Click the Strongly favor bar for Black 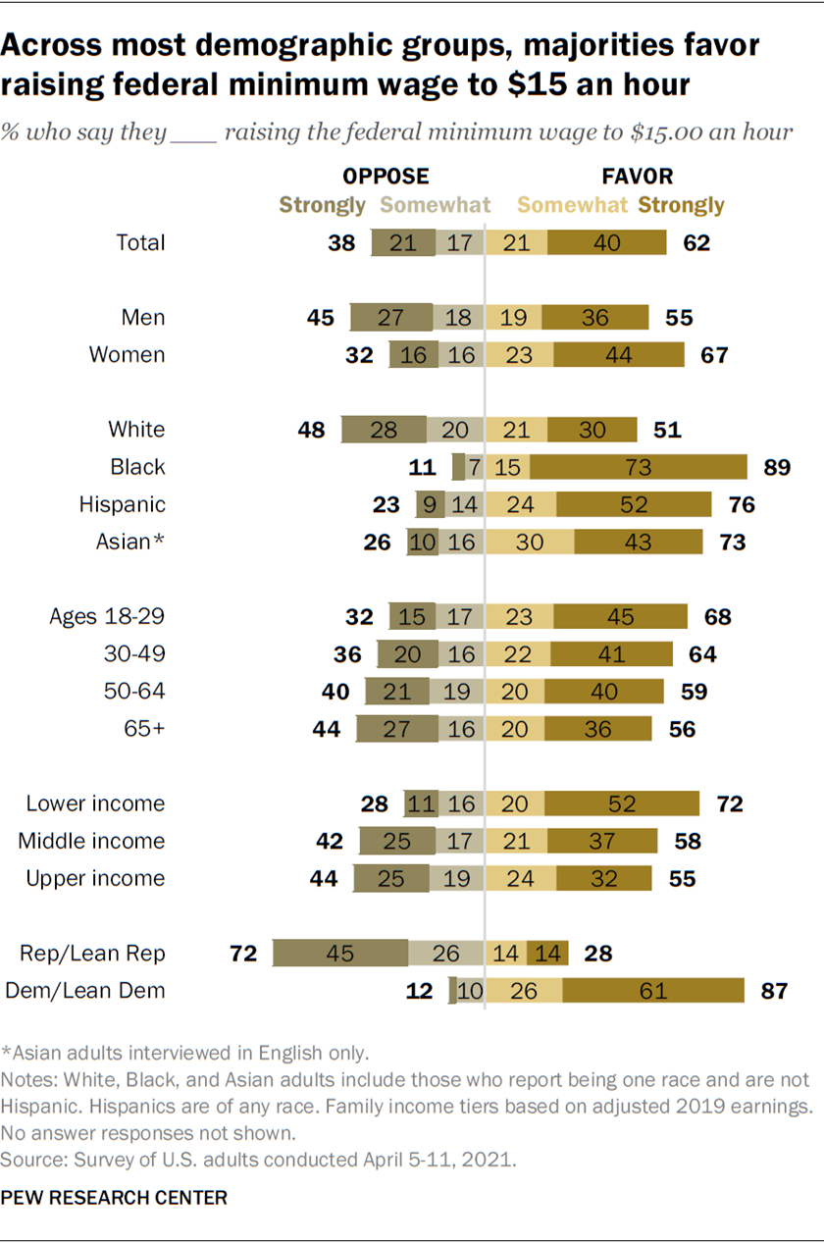coord(639,467)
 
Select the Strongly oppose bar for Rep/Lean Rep coord(339,953)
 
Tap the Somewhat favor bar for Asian coord(530,542)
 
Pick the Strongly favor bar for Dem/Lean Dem coord(652,990)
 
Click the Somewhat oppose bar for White coord(455,430)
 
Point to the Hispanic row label coord(123,504)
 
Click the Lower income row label coord(95,803)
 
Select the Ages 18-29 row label coord(107,616)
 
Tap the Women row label coord(128,354)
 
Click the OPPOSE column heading coord(386,177)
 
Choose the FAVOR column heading coord(637,177)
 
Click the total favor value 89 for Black coord(777,467)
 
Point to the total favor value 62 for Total coord(695,242)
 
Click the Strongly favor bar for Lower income coord(622,803)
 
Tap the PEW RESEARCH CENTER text coord(115,1198)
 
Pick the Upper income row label coord(95,878)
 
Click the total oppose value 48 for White coord(311,430)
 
